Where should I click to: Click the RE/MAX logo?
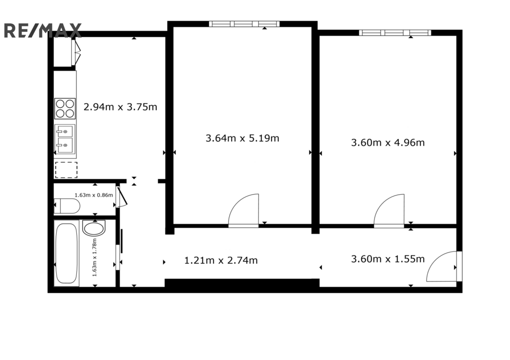[42, 30]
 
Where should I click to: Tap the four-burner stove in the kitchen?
[65, 109]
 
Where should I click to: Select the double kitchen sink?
[65, 139]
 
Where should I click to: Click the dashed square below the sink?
[66, 170]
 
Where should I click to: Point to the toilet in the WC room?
[67, 206]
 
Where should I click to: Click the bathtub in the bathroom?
[66, 253]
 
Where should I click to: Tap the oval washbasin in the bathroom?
[94, 228]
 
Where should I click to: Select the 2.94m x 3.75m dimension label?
[121, 107]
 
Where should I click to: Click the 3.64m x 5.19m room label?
[243, 138]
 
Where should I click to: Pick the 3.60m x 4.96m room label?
[387, 142]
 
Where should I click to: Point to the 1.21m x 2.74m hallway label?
[221, 260]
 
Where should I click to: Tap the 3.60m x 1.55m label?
[387, 259]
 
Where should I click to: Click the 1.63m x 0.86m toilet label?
[94, 195]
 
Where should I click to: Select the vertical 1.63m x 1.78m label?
[95, 257]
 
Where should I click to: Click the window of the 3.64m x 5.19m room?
[244, 24]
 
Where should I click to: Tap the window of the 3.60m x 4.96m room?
[395, 32]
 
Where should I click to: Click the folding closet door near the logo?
[77, 51]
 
